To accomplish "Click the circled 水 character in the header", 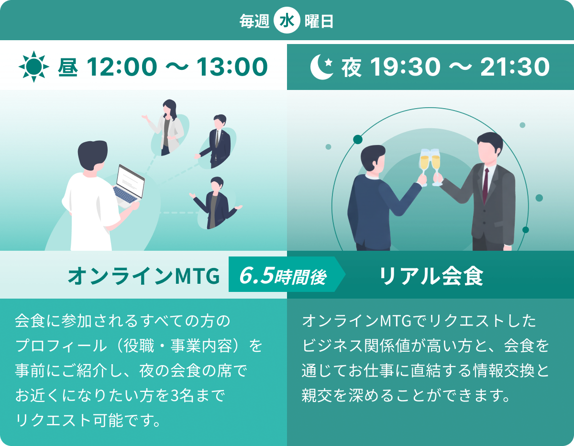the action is [287, 21].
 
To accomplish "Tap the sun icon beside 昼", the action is [34, 67].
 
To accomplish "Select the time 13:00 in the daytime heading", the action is [232, 67].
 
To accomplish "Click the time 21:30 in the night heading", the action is [515, 67].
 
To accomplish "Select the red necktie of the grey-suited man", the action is [486, 186].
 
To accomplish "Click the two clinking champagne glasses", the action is [430, 167].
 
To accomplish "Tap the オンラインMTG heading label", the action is [144, 276].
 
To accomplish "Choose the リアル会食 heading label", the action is [431, 276].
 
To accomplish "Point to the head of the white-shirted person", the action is [93, 156].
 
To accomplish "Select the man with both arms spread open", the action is [215, 203].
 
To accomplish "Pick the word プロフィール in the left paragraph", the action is [61, 346].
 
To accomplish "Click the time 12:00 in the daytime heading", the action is [122, 67].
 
